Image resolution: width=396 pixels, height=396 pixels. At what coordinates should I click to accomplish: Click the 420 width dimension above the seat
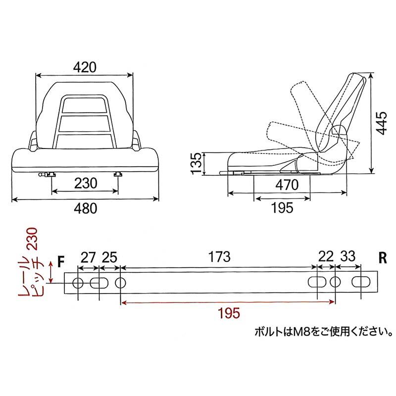click(x=85, y=66)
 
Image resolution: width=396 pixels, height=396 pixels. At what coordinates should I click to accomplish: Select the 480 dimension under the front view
click(x=85, y=209)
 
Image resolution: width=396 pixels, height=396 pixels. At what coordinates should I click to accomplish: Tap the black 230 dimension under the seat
click(x=85, y=182)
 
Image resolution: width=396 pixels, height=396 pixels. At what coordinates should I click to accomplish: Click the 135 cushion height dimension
click(x=197, y=163)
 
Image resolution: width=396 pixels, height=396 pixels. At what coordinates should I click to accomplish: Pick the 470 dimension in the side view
click(x=287, y=185)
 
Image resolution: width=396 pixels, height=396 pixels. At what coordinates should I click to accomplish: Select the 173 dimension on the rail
click(x=219, y=257)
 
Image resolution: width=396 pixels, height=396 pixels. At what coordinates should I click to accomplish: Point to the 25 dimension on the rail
click(x=110, y=257)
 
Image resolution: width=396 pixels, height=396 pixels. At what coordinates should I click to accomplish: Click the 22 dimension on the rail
click(x=325, y=257)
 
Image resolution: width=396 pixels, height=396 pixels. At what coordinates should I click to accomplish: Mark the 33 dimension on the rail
click(x=348, y=257)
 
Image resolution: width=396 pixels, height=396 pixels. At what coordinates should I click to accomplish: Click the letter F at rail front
click(x=61, y=261)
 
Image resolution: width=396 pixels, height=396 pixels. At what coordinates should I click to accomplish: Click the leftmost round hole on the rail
click(x=78, y=283)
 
